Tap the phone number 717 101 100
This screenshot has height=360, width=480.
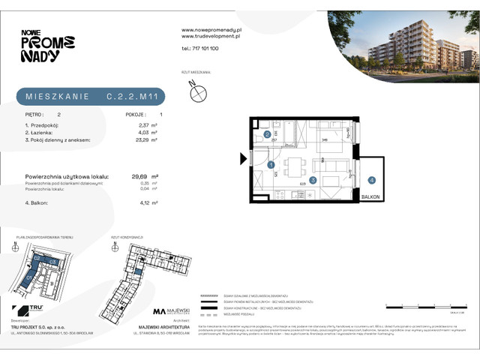click(x=200, y=48)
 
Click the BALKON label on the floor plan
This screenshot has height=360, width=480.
click(x=370, y=196)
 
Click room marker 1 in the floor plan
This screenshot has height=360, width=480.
click(x=271, y=164)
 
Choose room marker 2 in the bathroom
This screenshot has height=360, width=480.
click(x=268, y=135)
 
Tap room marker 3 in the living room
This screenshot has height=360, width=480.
click(x=314, y=180)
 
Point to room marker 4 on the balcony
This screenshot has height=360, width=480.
click(x=371, y=180)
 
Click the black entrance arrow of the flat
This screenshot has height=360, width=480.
click(x=242, y=158)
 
